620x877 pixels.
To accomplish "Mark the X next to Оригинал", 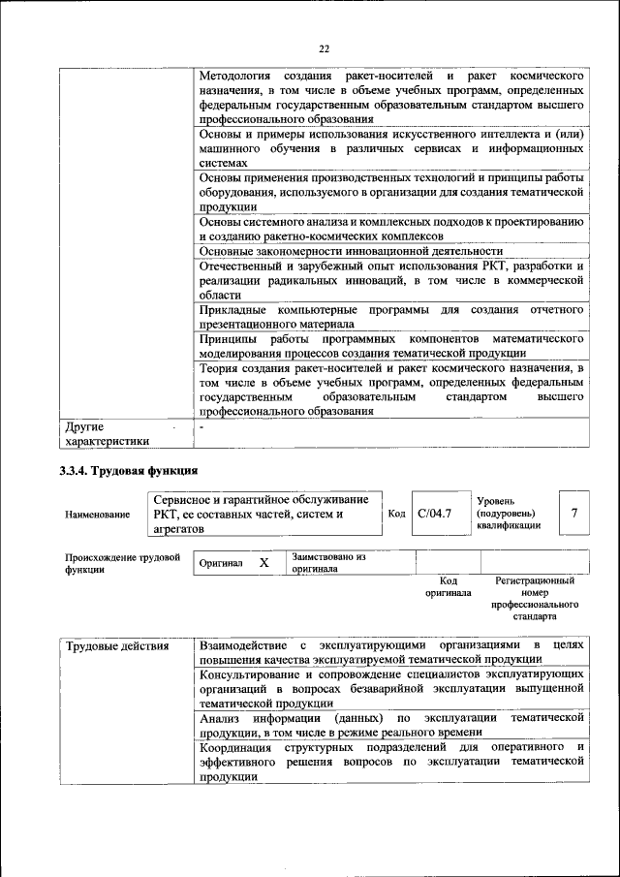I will point(263,562).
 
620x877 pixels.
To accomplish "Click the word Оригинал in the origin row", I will point(221,563).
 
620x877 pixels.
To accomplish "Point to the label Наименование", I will point(98,515).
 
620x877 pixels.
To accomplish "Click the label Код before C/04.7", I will point(396,514).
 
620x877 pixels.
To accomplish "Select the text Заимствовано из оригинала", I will point(328,563).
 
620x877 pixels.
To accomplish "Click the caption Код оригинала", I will point(448,586).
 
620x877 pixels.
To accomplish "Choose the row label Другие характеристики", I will point(107,433).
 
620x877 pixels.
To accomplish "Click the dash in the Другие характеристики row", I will point(201,426).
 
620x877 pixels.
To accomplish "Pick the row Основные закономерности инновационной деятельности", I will point(351,251).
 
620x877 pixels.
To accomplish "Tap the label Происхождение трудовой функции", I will point(122,563).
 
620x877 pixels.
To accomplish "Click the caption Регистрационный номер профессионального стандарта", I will point(535,598).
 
